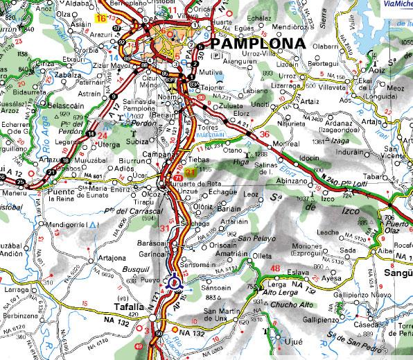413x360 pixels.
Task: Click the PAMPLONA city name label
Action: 257,43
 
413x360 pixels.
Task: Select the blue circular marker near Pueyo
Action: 173,282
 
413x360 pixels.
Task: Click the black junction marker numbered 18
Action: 65,160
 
